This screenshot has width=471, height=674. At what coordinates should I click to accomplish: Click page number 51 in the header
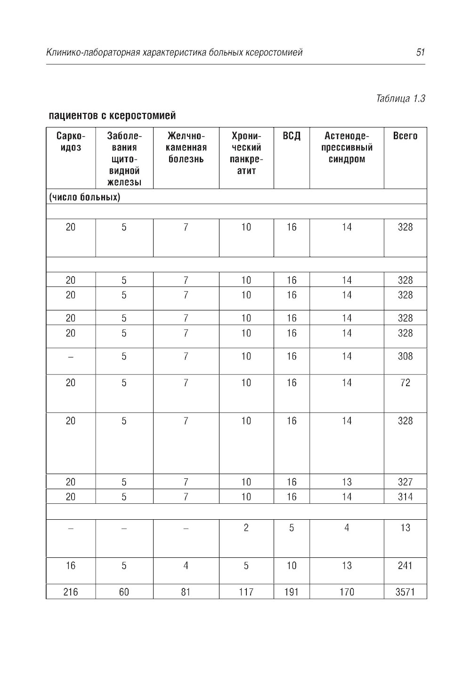[421, 52]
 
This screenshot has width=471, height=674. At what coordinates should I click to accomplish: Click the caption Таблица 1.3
[400, 99]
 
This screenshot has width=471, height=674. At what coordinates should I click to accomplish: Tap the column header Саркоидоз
[71, 142]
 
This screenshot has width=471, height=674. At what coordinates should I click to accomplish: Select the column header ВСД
[292, 136]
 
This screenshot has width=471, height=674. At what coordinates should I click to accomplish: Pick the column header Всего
[405, 136]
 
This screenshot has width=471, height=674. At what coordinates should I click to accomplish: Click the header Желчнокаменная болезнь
[186, 147]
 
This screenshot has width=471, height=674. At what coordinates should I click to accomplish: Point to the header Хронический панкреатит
[246, 153]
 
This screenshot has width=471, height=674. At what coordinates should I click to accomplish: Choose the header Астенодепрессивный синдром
[347, 147]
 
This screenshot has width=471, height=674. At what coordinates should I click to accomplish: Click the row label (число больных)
[85, 197]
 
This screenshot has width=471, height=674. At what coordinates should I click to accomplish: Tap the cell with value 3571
[405, 592]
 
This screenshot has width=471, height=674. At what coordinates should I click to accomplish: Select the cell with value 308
[405, 357]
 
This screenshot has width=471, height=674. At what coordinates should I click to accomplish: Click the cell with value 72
[405, 383]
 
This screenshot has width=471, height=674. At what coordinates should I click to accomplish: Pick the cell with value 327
[405, 482]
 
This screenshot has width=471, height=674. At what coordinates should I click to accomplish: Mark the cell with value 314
[405, 497]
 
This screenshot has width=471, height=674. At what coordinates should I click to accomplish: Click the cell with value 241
[405, 565]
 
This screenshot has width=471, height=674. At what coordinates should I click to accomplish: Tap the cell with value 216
[71, 592]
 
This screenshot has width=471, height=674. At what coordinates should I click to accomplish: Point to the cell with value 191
[292, 592]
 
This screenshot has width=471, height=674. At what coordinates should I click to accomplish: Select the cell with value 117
[246, 592]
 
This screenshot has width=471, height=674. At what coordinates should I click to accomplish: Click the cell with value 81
[186, 592]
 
